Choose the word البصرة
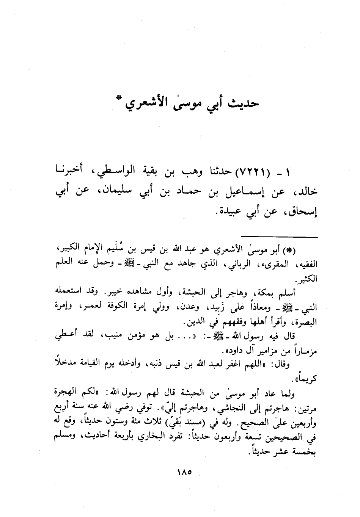click(308, 323)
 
